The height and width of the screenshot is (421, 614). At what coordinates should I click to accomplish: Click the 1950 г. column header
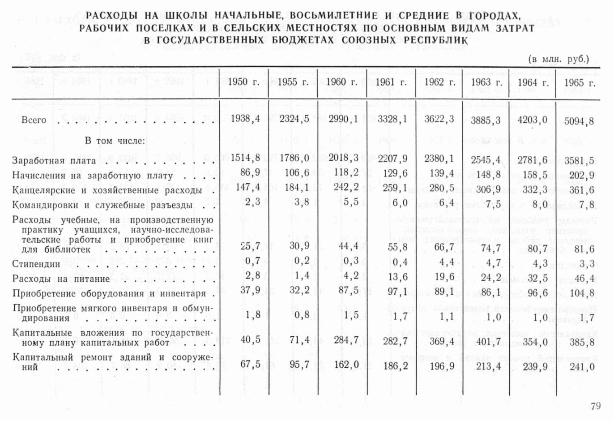click(x=243, y=82)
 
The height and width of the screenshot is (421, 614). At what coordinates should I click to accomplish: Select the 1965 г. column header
click(x=580, y=83)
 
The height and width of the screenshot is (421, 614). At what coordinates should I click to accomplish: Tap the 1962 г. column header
click(x=440, y=82)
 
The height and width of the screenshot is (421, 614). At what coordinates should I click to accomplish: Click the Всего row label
click(x=34, y=120)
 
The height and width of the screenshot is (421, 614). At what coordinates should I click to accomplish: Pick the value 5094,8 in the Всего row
click(x=579, y=121)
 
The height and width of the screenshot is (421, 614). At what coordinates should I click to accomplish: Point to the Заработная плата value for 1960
click(x=343, y=158)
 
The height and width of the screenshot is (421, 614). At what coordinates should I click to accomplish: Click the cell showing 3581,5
click(x=579, y=160)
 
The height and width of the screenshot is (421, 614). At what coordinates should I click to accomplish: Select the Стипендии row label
click(x=36, y=264)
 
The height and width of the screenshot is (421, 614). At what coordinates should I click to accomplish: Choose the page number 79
click(x=595, y=406)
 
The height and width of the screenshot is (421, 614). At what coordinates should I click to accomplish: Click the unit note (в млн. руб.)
click(x=559, y=60)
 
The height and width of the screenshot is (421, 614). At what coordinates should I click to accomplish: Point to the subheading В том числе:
click(x=115, y=141)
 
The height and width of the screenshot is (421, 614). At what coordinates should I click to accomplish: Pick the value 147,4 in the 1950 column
click(x=248, y=187)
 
